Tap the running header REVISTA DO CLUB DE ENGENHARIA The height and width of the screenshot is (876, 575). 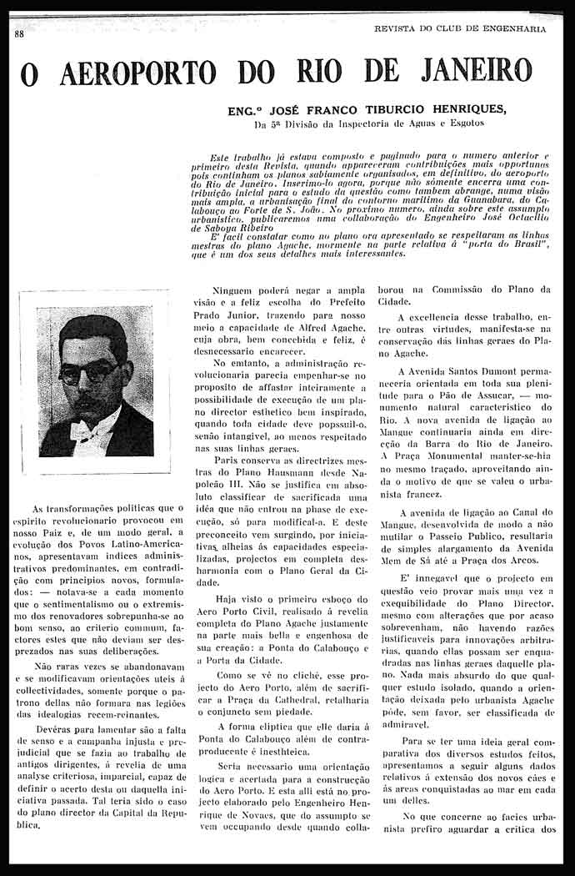461,28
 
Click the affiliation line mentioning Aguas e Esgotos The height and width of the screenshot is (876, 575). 369,125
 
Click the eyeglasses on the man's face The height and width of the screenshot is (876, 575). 87,369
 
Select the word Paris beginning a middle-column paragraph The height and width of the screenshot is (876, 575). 227,460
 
